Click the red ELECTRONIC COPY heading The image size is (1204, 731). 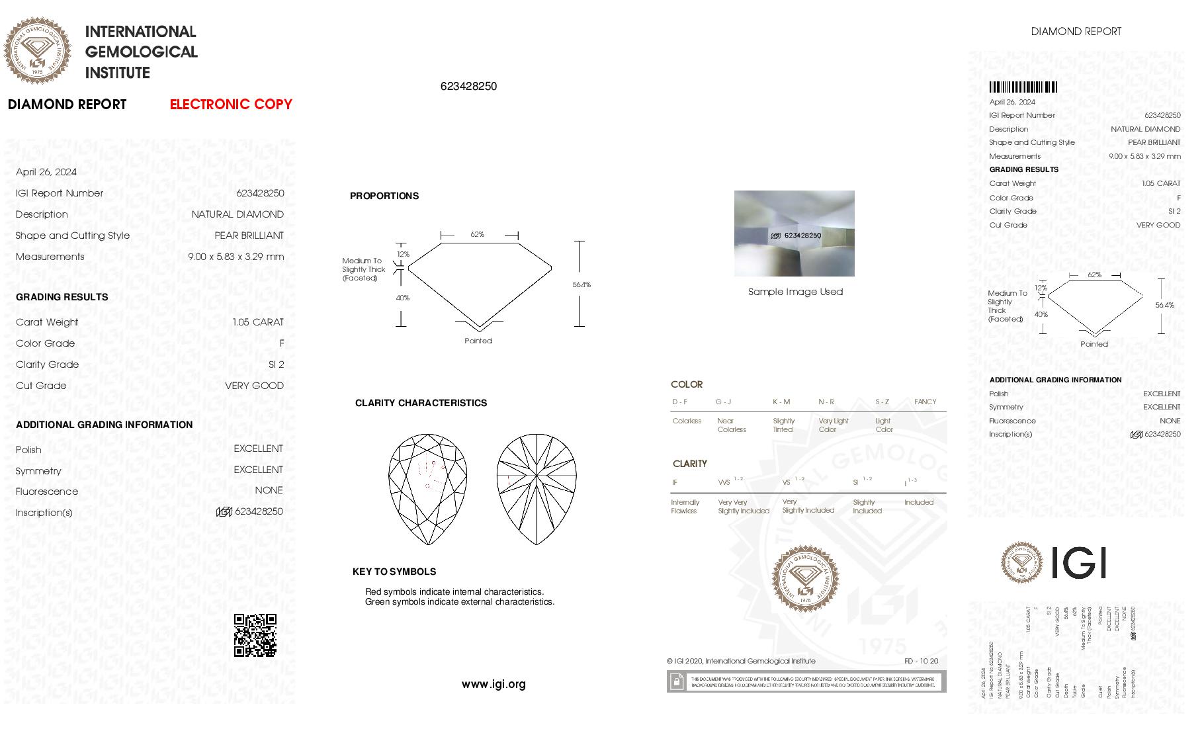point(231,105)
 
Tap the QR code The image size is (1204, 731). point(255,635)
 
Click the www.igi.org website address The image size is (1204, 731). point(494,685)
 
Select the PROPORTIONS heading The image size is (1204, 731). point(384,196)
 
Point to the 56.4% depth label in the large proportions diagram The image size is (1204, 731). point(581,284)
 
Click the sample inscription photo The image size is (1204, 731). point(794,234)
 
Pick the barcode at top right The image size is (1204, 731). point(1023,87)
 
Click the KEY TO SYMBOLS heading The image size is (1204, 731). point(394,572)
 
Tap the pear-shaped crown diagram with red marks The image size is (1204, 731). point(427,490)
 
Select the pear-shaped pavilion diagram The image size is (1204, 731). point(536,490)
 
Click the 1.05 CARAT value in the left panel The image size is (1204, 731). point(258,322)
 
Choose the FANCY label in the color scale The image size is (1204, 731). point(925,402)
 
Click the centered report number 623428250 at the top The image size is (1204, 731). point(468,87)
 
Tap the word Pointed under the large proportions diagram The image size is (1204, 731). point(478,341)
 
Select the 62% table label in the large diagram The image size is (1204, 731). point(477,234)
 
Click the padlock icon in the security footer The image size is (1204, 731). point(676,681)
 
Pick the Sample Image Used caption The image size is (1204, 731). point(795,292)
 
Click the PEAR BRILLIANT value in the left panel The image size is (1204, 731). point(249,236)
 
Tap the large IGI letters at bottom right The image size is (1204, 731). point(1078,562)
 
